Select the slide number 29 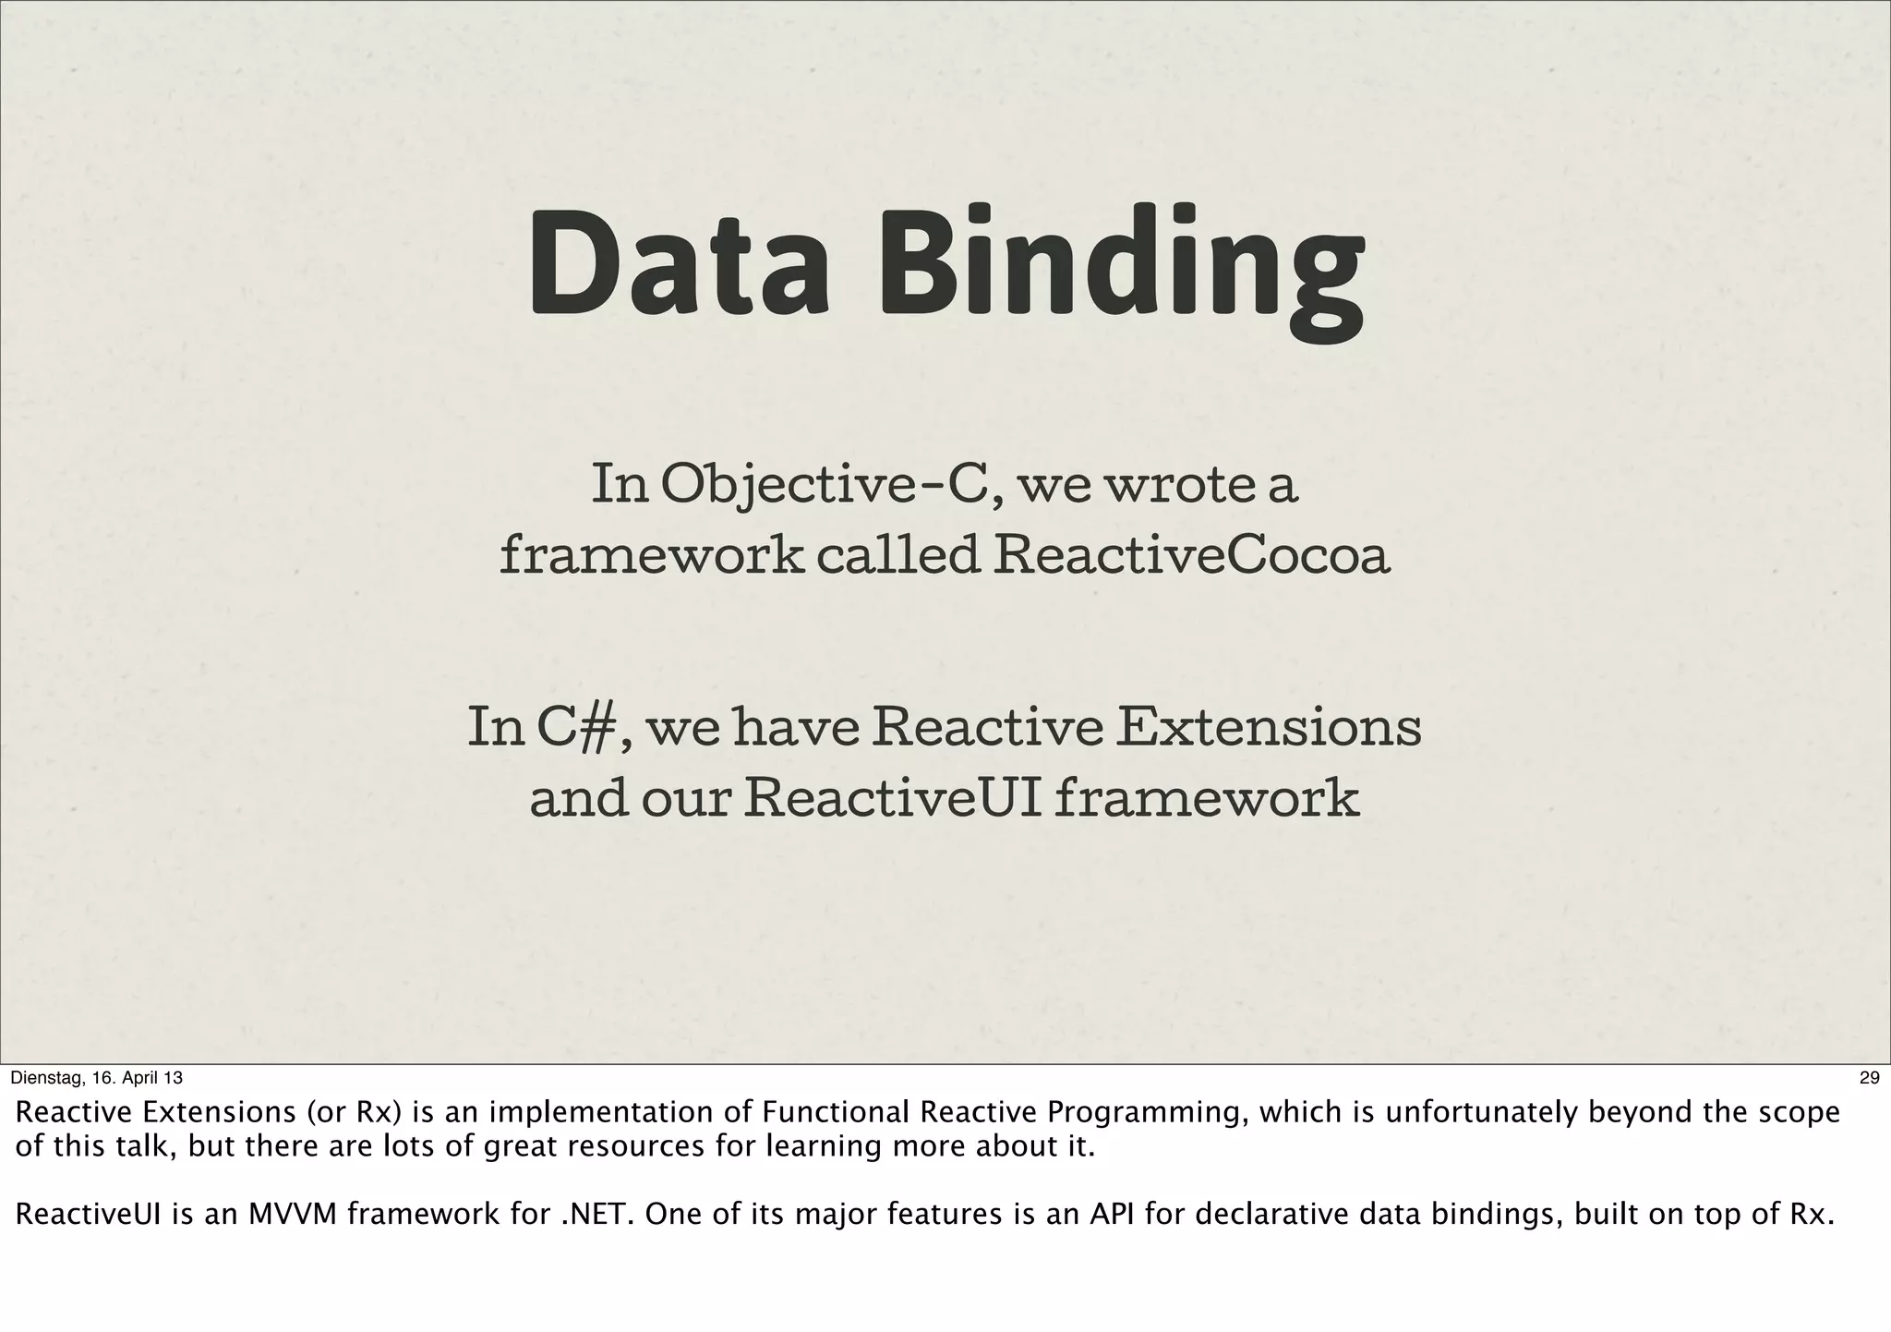1869,1078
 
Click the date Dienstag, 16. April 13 96,1078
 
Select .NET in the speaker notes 595,1215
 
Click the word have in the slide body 796,728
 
